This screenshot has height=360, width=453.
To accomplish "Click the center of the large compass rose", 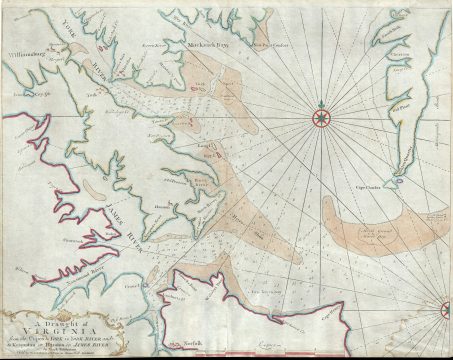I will pos(321,119).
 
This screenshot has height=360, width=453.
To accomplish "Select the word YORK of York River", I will pos(71,29).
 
